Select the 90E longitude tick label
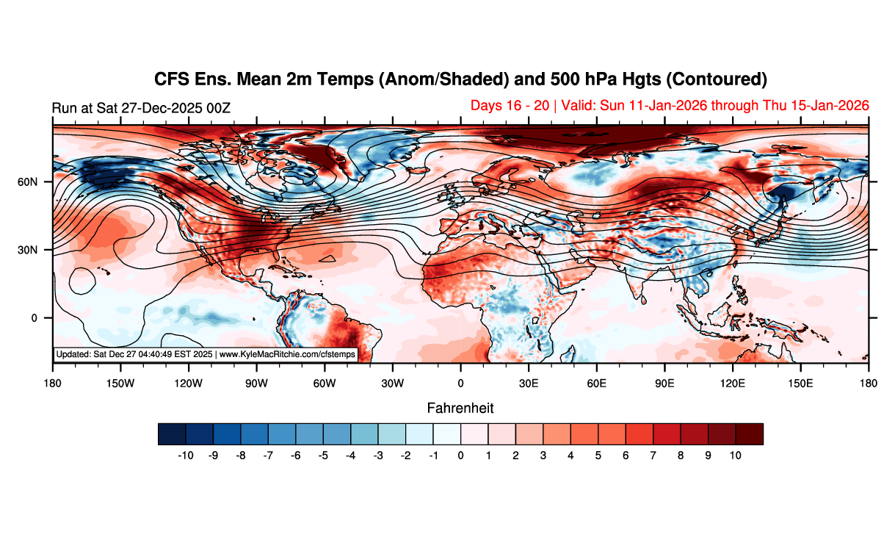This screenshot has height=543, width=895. pos(664,383)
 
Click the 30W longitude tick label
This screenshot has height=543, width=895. pos(392,383)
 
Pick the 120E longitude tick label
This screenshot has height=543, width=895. pos(733,383)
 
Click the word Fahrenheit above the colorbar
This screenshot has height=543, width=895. pos(460,408)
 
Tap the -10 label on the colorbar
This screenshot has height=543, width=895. pos(186,456)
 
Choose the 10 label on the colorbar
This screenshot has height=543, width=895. pos(736,456)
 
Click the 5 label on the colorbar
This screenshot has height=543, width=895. pos(598,456)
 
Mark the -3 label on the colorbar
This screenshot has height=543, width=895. pos(377,456)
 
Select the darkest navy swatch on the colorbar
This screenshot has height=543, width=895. pos(172,434)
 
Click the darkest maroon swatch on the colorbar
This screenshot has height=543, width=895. pos(750,434)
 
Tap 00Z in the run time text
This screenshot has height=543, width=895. pos(218,108)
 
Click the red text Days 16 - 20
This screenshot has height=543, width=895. pos(510,106)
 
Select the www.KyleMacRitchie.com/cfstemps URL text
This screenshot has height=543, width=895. pos(287,354)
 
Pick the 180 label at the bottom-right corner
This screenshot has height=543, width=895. pos(869,383)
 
